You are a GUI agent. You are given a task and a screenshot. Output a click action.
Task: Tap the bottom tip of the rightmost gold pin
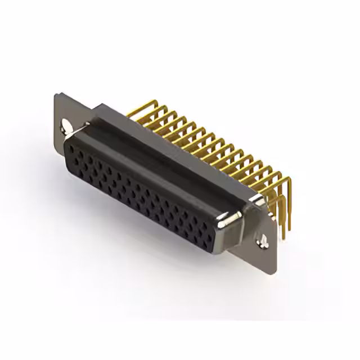tap(283, 236)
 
